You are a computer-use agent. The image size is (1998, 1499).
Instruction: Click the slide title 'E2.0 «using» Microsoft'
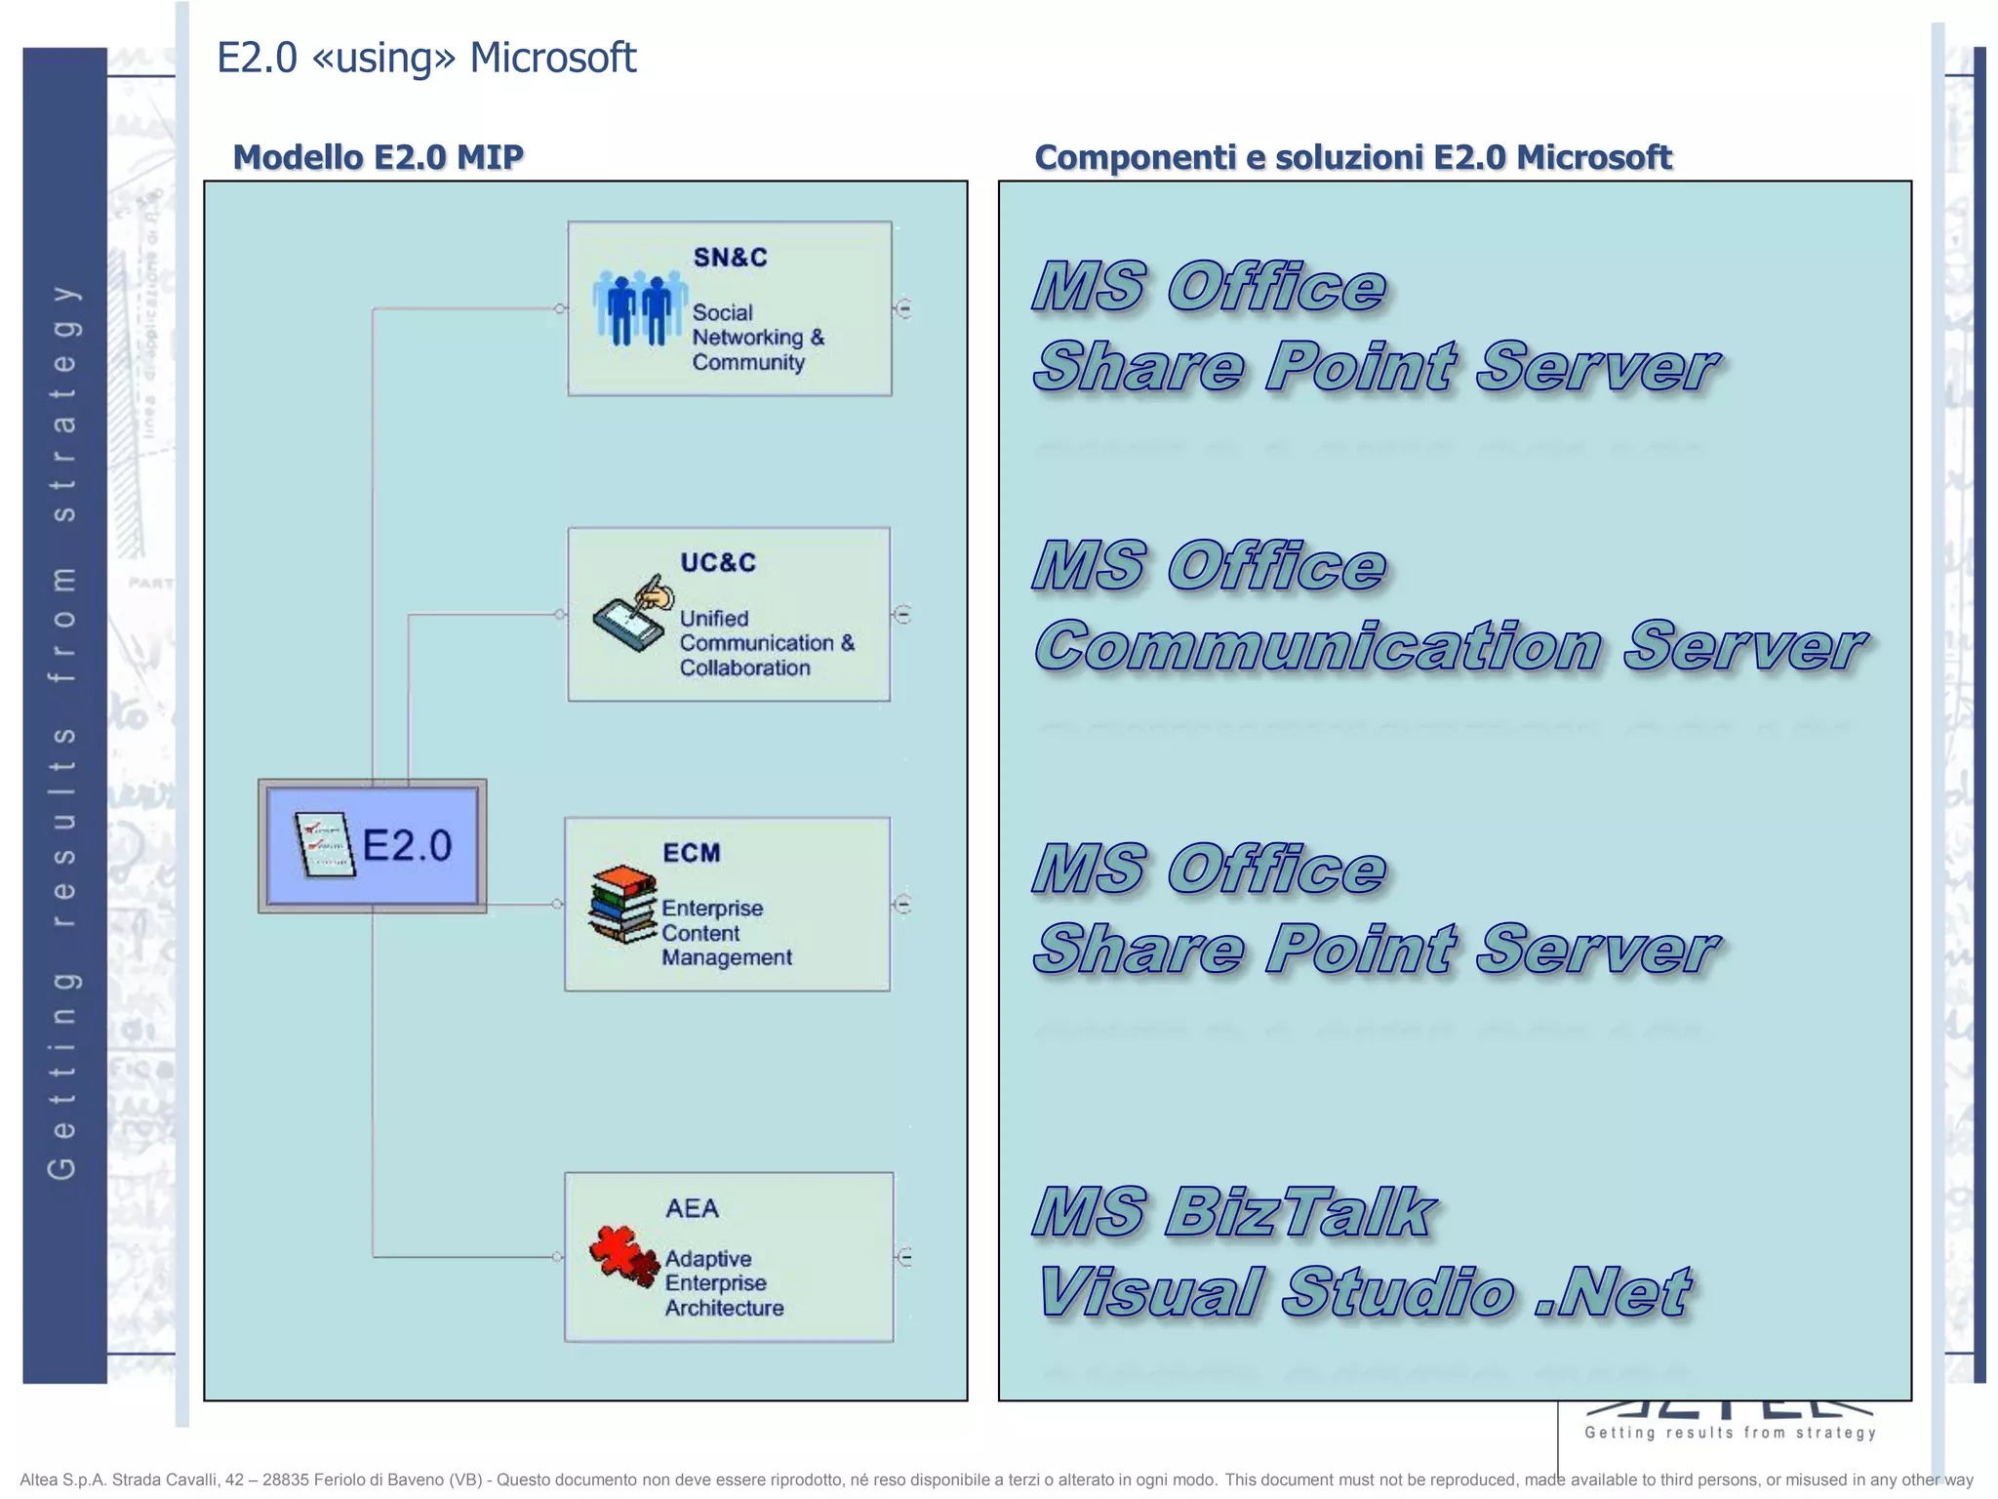(x=426, y=59)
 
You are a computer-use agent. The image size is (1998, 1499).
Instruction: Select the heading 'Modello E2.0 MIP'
(x=378, y=157)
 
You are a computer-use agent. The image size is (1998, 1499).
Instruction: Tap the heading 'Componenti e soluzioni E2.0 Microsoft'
(x=1352, y=157)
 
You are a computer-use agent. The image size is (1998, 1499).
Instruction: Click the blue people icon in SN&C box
(x=639, y=308)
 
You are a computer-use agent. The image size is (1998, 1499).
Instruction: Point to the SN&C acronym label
(x=730, y=258)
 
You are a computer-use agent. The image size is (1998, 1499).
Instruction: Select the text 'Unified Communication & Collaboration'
(x=766, y=643)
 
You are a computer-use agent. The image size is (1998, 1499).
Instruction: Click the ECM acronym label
(x=691, y=853)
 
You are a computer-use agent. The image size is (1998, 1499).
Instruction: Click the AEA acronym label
(x=692, y=1208)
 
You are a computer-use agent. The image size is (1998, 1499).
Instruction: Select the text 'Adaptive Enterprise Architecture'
(x=723, y=1283)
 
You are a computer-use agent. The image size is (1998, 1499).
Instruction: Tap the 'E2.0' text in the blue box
(x=407, y=845)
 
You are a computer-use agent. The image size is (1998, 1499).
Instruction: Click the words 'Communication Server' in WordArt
(x=1450, y=646)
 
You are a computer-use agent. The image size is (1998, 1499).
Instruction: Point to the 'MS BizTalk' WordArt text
(x=1233, y=1212)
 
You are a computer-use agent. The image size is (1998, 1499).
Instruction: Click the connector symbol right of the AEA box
(x=904, y=1257)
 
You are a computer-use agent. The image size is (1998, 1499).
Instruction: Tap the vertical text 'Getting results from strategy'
(x=63, y=732)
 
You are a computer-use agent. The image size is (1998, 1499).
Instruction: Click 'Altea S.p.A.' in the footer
(x=61, y=1479)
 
